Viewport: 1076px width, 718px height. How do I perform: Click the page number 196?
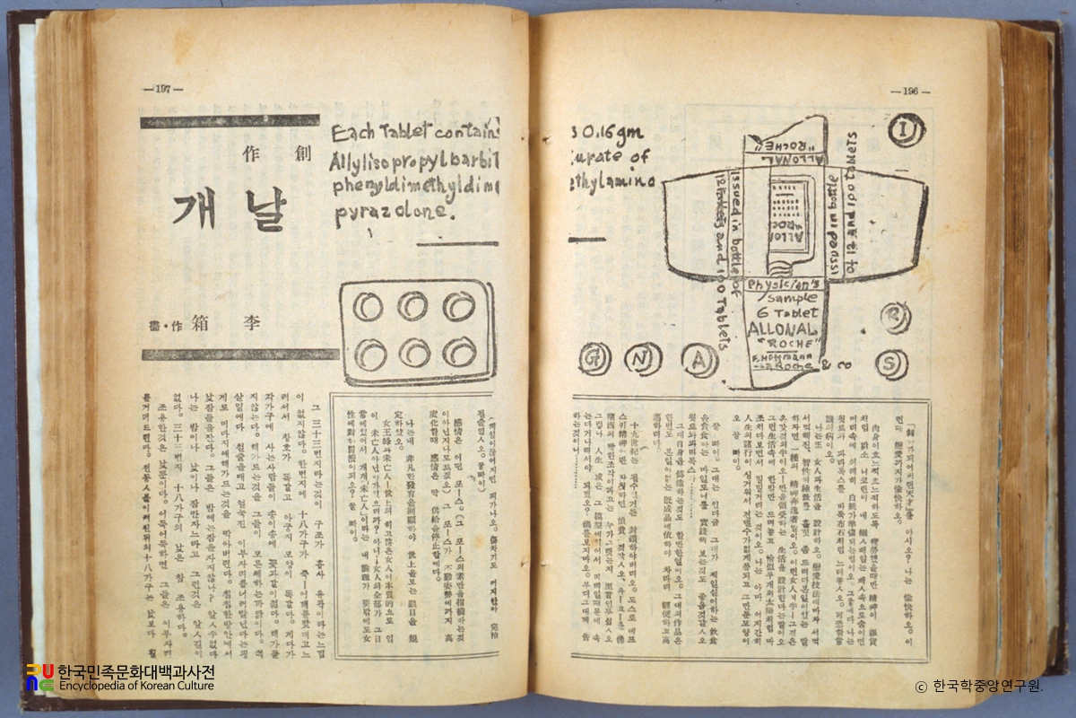(x=910, y=91)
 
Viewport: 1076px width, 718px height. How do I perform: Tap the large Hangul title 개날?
(x=229, y=209)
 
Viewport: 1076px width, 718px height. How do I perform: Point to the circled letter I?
(x=906, y=131)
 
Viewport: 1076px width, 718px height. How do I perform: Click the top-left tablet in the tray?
(x=367, y=307)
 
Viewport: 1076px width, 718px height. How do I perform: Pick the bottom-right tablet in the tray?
(x=458, y=351)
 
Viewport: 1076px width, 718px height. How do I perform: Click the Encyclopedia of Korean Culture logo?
(x=120, y=678)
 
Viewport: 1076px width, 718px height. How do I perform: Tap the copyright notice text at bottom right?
(x=978, y=687)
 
